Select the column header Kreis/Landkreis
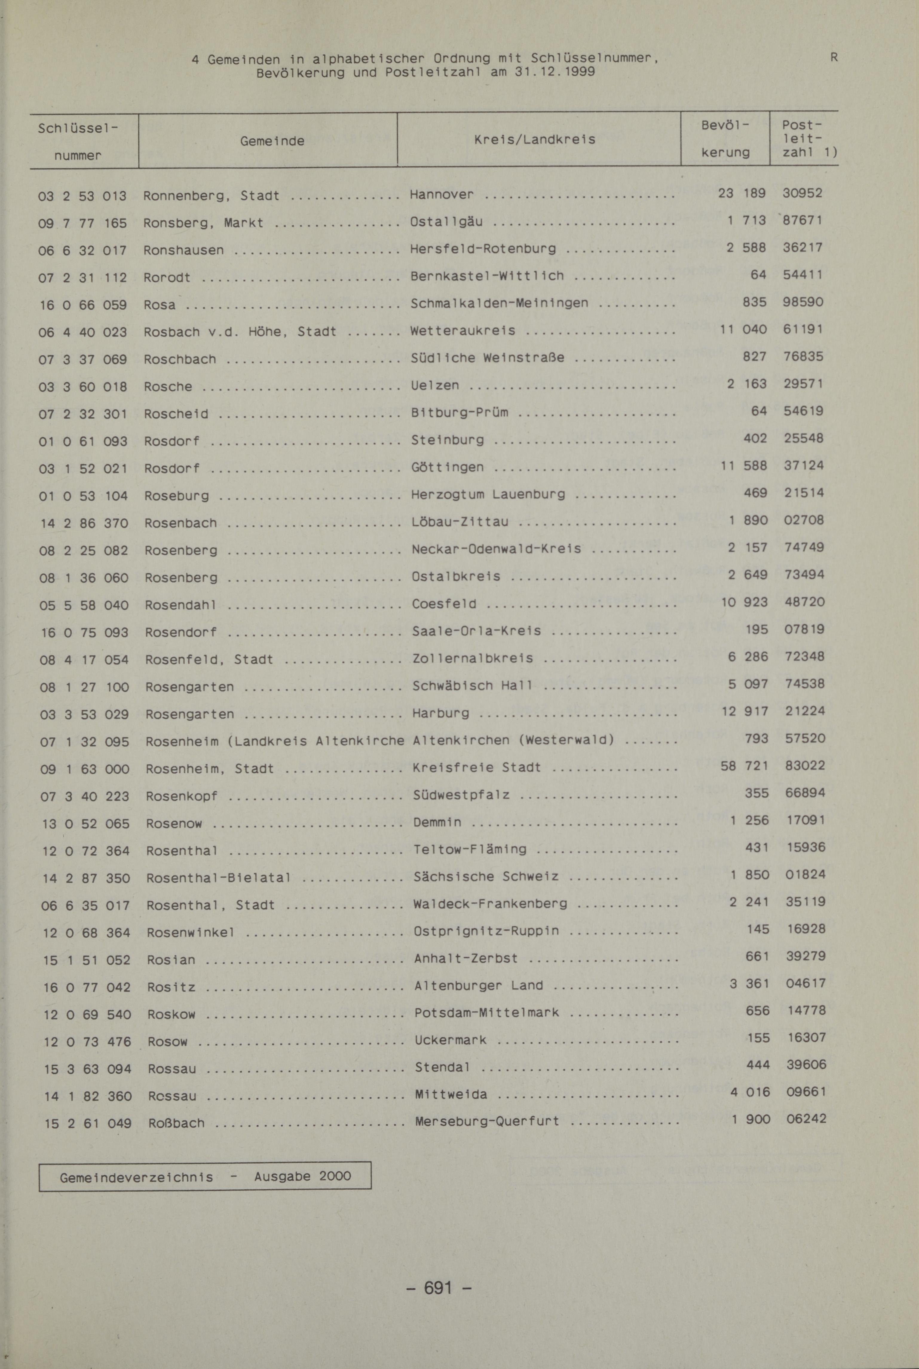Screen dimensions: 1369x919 (534, 140)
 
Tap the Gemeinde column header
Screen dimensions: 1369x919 (272, 141)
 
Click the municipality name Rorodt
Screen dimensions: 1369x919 (167, 277)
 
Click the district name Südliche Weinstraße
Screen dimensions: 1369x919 (488, 357)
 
